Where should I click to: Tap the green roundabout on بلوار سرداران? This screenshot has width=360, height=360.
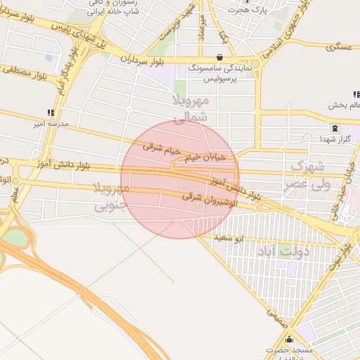click(x=255, y=64)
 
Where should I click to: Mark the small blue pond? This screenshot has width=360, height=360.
click(x=49, y=58)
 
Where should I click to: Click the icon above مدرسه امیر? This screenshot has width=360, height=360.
click(x=49, y=112)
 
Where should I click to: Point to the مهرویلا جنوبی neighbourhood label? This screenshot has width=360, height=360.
click(x=110, y=197)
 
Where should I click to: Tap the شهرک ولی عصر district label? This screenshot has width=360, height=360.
click(x=307, y=176)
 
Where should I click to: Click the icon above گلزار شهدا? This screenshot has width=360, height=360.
click(x=334, y=129)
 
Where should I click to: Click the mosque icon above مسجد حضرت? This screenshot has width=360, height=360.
click(x=288, y=340)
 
